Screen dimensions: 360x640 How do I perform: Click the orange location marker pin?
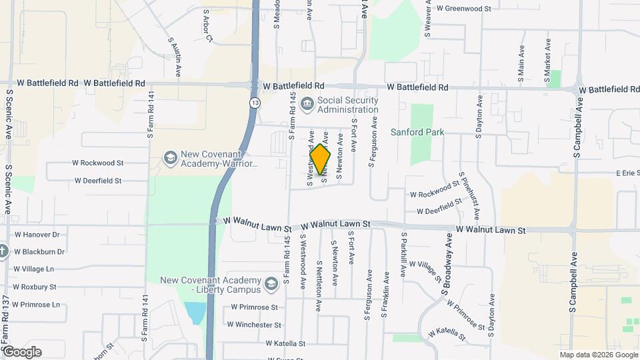pos(320,159)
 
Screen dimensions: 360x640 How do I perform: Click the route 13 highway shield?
pos(255,103)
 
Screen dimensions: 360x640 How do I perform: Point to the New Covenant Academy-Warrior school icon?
pos(170,158)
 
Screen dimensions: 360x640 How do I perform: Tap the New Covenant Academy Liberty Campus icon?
pos(271,284)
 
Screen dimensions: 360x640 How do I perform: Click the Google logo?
pos(23,352)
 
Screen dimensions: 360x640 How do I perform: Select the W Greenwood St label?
pos(463,9)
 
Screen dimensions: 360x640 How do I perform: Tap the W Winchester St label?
pos(254,325)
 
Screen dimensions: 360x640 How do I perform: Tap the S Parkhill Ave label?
pos(404,254)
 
